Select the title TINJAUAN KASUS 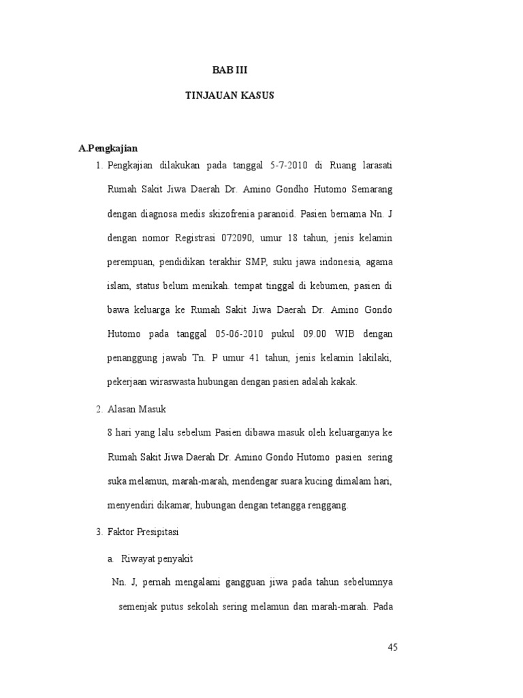click(229, 95)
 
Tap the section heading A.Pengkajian click(108, 147)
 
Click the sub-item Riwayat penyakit click(157, 559)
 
